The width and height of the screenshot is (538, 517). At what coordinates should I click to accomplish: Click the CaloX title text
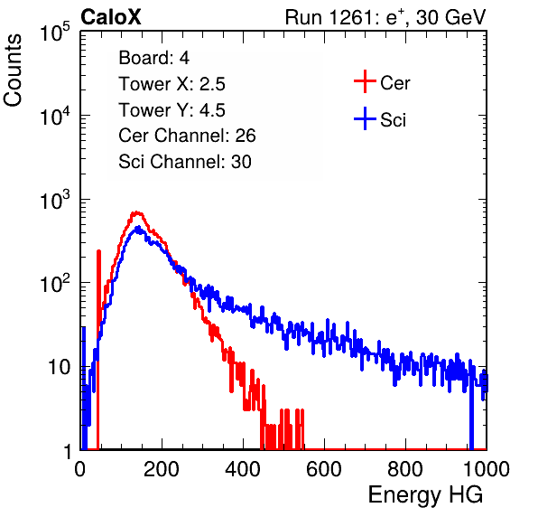tap(111, 17)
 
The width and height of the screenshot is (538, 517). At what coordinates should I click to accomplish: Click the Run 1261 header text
tap(385, 17)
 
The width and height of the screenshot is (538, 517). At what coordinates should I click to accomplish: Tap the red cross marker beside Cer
tap(365, 81)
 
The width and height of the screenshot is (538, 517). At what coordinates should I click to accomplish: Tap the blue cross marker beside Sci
tap(365, 118)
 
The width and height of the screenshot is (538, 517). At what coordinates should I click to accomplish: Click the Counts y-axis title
tap(13, 70)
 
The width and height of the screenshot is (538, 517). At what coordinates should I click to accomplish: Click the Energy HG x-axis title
tap(425, 495)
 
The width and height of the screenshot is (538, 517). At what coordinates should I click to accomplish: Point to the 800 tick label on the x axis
tap(405, 469)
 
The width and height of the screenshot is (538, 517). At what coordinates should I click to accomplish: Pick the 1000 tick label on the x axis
tap(487, 469)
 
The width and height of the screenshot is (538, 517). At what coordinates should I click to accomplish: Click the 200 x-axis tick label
tap(162, 469)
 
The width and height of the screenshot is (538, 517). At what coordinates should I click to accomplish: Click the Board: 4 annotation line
tap(153, 58)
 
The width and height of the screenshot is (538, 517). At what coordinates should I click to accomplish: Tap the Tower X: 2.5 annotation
tap(172, 84)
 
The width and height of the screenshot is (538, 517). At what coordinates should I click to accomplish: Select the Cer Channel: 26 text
tap(187, 136)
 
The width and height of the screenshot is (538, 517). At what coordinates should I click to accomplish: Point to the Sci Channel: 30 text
tap(185, 162)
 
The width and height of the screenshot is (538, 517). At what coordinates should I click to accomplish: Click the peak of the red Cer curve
tap(137, 213)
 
